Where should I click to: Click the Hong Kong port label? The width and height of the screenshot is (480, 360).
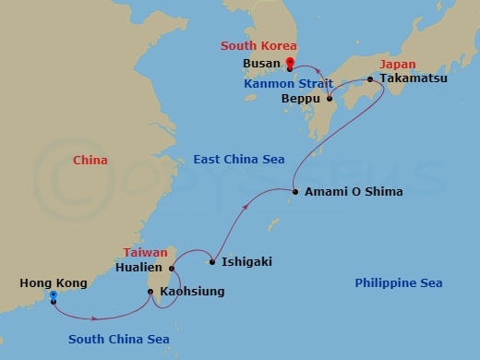[x=54, y=283]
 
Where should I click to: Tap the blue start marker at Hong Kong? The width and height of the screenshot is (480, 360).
[x=54, y=296]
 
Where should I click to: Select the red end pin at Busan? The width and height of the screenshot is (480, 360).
[x=290, y=64]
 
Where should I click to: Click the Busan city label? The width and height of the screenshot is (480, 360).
[x=262, y=65]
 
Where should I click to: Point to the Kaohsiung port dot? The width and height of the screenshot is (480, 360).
[x=150, y=293]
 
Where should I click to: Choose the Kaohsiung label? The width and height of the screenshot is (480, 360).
[x=192, y=292]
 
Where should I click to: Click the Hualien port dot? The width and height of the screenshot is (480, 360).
[x=173, y=269]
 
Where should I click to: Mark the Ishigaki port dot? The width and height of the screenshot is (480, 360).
[x=212, y=262]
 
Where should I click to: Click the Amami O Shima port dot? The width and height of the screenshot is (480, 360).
[x=295, y=192]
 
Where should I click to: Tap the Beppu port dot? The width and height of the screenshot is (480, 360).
[x=330, y=98]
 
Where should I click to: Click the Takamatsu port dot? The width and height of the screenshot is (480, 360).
[x=370, y=79]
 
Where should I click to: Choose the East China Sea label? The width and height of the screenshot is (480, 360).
[x=238, y=160]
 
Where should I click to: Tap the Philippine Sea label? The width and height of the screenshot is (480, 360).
[x=398, y=282]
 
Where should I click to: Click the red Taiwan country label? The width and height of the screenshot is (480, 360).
[x=145, y=252]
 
